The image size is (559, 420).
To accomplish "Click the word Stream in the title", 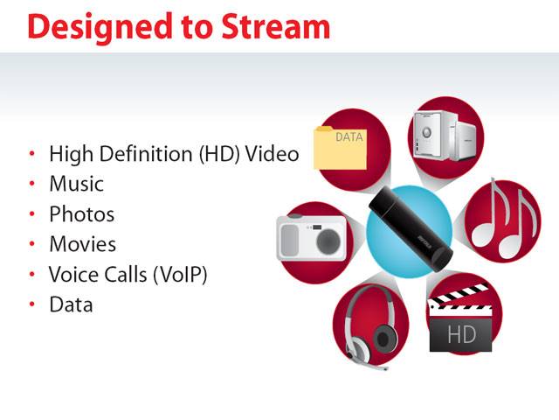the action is click(276, 26).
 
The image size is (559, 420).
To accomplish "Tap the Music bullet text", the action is click(77, 184).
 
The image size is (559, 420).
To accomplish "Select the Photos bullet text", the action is click(82, 213).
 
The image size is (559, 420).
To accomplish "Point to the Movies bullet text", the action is click(83, 244).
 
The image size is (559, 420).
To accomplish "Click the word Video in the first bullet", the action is click(272, 154).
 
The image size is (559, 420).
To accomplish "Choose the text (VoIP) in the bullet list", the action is click(180, 275).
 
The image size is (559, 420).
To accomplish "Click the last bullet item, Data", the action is click(72, 304).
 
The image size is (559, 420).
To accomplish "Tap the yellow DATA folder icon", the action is click(340, 148).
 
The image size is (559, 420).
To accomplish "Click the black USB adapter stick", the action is click(411, 228).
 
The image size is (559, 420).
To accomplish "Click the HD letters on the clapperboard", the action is click(461, 334).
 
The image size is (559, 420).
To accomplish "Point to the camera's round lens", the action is click(328, 241).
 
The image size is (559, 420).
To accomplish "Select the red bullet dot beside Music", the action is click(32, 184).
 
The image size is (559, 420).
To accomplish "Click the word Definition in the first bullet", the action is click(146, 154).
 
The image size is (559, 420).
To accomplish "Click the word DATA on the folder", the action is click(349, 136).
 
